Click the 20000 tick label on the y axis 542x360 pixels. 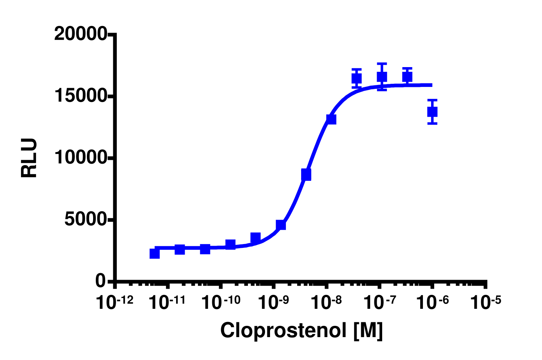click(81, 35)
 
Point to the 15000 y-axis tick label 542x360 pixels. click(81, 96)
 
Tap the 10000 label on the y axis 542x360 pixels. click(81, 157)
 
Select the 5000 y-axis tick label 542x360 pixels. click(85, 220)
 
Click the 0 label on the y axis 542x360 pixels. click(100, 281)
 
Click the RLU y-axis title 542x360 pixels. click(29, 158)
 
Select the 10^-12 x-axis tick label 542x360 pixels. click(114, 302)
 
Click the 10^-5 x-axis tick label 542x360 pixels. click(485, 302)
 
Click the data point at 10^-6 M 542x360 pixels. click(432, 112)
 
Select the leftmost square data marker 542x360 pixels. click(154, 253)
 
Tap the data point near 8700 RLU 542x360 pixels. click(306, 175)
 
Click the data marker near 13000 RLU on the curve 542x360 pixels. click(331, 119)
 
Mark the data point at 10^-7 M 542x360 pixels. click(382, 77)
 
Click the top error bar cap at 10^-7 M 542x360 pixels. click(382, 64)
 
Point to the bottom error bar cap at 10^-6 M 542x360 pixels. click(432, 123)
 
